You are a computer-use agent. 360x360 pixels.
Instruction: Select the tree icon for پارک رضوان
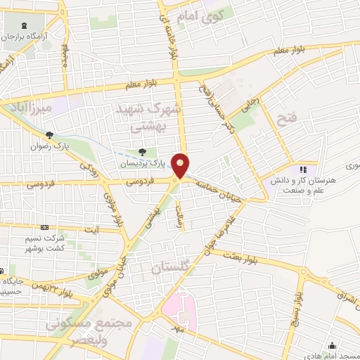(49, 136)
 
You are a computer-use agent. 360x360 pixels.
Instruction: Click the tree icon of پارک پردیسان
(143, 151)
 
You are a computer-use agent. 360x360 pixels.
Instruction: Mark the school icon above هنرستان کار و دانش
(303, 169)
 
